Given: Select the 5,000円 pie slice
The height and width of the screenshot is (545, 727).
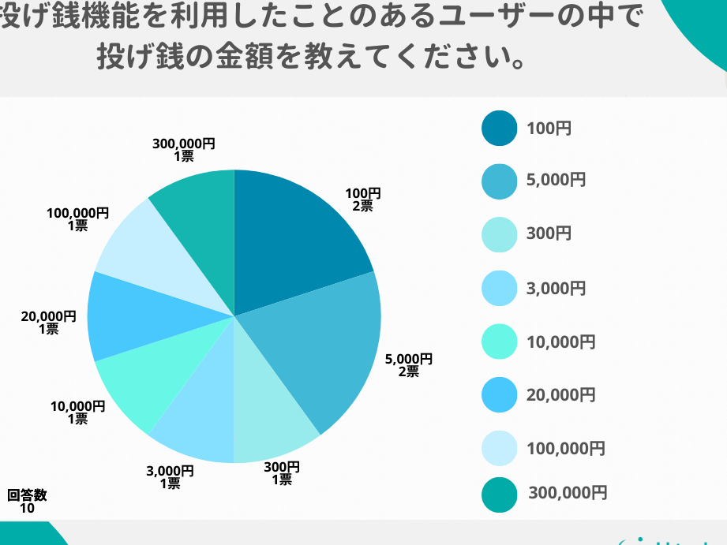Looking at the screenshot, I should click(x=324, y=347).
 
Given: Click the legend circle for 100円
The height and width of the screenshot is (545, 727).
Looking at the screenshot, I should click(x=499, y=129).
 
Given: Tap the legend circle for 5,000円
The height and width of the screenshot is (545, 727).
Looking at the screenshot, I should click(x=499, y=181).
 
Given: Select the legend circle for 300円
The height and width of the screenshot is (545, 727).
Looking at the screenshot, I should click(x=499, y=233).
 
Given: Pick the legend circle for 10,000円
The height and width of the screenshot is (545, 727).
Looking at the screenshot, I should click(x=499, y=342).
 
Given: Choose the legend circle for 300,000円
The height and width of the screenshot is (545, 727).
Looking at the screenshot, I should click(x=499, y=495).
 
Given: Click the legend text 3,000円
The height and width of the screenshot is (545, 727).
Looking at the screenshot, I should click(x=556, y=289).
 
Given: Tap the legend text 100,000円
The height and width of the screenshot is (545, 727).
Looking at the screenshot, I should click(x=566, y=449).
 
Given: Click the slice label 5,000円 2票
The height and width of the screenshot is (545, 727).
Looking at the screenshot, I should click(x=408, y=365).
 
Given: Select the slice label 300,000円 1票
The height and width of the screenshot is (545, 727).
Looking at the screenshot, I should click(x=183, y=150).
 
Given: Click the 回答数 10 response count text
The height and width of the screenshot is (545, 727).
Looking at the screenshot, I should click(x=27, y=502).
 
